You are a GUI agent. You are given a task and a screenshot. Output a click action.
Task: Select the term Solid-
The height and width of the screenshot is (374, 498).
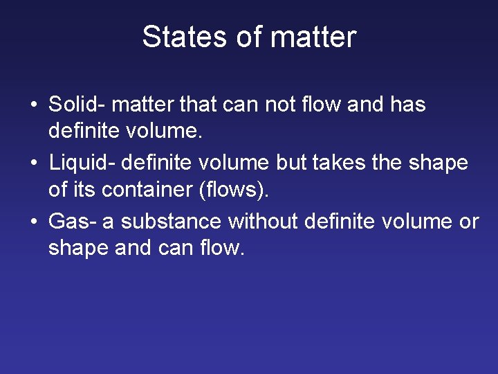[76, 105]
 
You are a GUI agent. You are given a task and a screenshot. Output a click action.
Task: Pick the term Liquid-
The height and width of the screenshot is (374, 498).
[82, 163]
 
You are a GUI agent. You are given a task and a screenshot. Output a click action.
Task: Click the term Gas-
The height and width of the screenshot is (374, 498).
[72, 222]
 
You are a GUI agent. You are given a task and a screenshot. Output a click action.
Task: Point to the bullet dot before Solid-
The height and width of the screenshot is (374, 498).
[33, 106]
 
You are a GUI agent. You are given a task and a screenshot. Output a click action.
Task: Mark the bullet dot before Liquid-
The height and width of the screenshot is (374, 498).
[33, 164]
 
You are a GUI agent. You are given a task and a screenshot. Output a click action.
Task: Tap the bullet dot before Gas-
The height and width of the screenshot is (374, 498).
[33, 223]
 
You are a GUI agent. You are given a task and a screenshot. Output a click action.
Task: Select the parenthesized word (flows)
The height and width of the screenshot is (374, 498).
[233, 189]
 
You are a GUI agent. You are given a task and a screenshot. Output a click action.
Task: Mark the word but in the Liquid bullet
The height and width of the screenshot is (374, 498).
[290, 163]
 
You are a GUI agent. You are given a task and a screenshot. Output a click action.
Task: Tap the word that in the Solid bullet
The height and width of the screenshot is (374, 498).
[197, 105]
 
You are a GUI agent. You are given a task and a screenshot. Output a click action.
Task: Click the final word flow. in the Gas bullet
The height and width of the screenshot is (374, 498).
[223, 247]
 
